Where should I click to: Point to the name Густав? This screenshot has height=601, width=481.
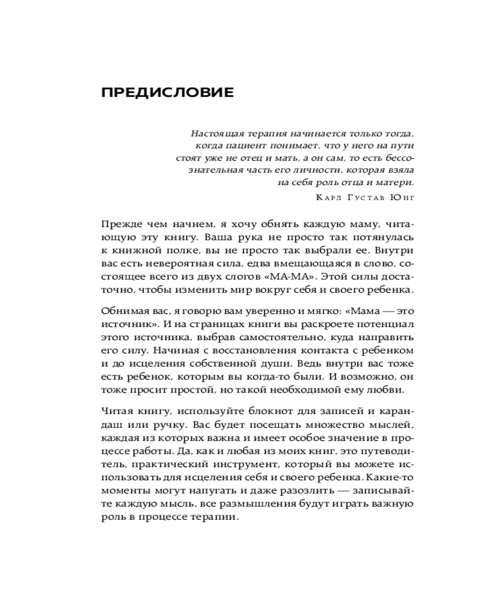tap(366, 197)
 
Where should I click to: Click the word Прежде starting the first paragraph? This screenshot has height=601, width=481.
tap(120, 224)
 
